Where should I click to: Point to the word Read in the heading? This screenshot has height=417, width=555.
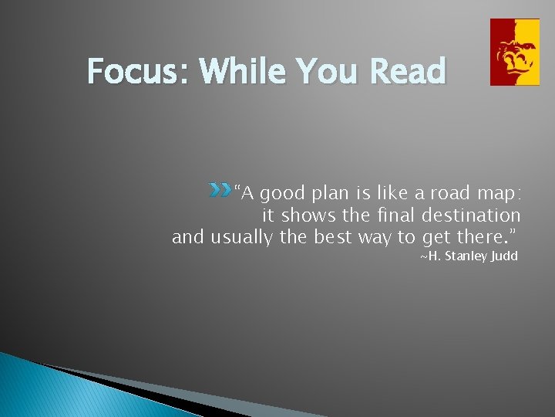tap(408, 72)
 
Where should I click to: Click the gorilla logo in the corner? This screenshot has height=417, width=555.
tap(515, 52)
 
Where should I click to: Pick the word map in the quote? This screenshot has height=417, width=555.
tap(496, 194)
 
